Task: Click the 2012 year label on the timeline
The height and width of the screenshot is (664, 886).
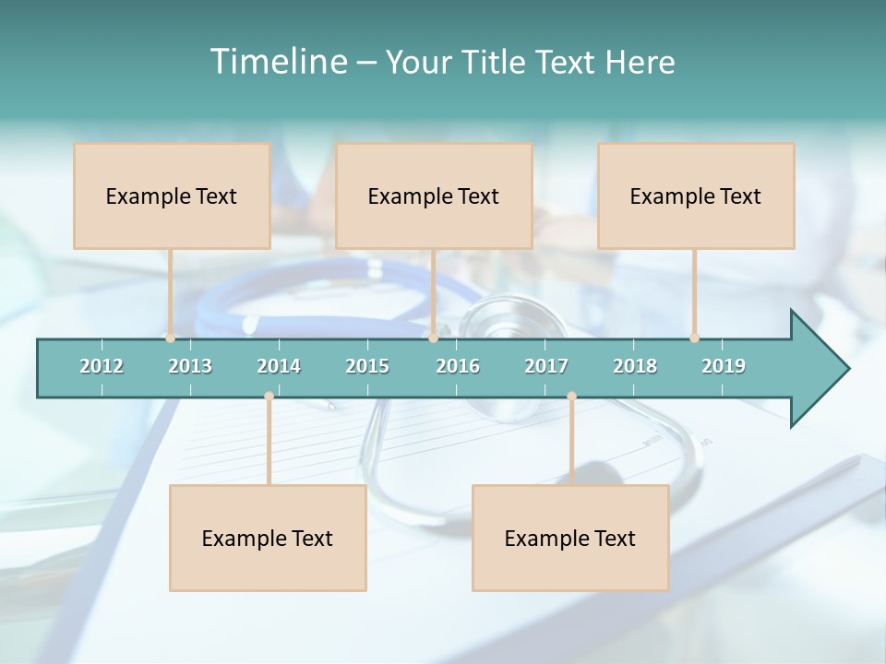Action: [x=102, y=366]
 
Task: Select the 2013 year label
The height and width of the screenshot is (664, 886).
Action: [x=190, y=366]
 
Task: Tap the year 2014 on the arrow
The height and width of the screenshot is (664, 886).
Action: [x=279, y=366]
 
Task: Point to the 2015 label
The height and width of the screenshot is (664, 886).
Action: [x=367, y=366]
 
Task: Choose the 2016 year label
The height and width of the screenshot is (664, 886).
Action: [x=458, y=366]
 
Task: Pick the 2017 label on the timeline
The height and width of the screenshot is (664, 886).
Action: [x=546, y=366]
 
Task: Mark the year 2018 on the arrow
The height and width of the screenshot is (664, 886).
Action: [x=635, y=366]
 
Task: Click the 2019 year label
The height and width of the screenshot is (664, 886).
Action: [x=724, y=366]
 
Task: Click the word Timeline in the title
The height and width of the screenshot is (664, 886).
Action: [x=277, y=62]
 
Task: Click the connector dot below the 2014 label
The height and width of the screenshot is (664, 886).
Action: [x=269, y=397]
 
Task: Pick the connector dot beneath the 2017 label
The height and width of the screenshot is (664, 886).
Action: [x=571, y=397]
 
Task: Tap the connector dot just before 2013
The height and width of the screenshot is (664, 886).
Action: [x=171, y=338]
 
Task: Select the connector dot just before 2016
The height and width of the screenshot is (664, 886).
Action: [x=433, y=338]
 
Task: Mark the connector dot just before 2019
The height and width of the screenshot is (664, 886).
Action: [x=695, y=338]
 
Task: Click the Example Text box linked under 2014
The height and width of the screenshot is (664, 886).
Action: [x=268, y=538]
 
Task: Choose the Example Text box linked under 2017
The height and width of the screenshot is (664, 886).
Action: [x=570, y=538]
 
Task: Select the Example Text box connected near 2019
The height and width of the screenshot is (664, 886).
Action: [x=696, y=196]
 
